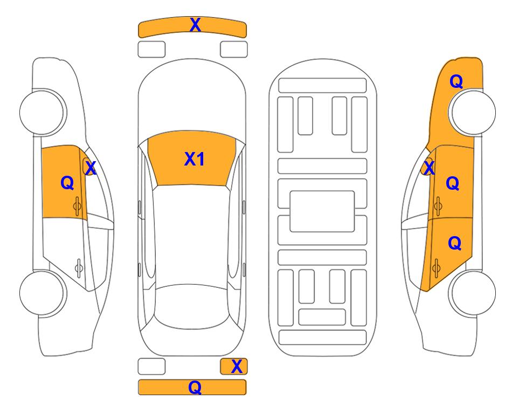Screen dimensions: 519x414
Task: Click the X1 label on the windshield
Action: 195,159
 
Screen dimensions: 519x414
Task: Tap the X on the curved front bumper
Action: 195,25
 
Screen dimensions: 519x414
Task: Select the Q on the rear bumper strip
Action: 195,387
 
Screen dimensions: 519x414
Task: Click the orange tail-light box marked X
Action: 234,367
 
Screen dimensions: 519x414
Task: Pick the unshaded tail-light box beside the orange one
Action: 151,367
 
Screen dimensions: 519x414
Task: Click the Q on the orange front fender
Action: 456,81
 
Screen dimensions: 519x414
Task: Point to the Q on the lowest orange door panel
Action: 454,244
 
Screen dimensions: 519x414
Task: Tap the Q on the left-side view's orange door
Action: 67,183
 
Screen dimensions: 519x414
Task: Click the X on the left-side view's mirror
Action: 91,168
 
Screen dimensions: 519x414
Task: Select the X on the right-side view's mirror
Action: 429,167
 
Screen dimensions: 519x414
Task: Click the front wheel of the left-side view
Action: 43,112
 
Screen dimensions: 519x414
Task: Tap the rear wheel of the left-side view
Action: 43,293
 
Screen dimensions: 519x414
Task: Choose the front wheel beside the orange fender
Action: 472,112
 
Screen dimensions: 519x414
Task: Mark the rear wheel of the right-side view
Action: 472,293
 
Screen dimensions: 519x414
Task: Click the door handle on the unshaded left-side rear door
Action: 79,268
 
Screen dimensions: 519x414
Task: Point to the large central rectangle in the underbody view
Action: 322,211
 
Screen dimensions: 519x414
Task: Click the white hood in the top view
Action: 192,99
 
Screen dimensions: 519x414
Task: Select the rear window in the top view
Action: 192,306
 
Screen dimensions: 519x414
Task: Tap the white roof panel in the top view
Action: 192,236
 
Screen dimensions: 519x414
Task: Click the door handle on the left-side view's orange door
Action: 77,206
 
